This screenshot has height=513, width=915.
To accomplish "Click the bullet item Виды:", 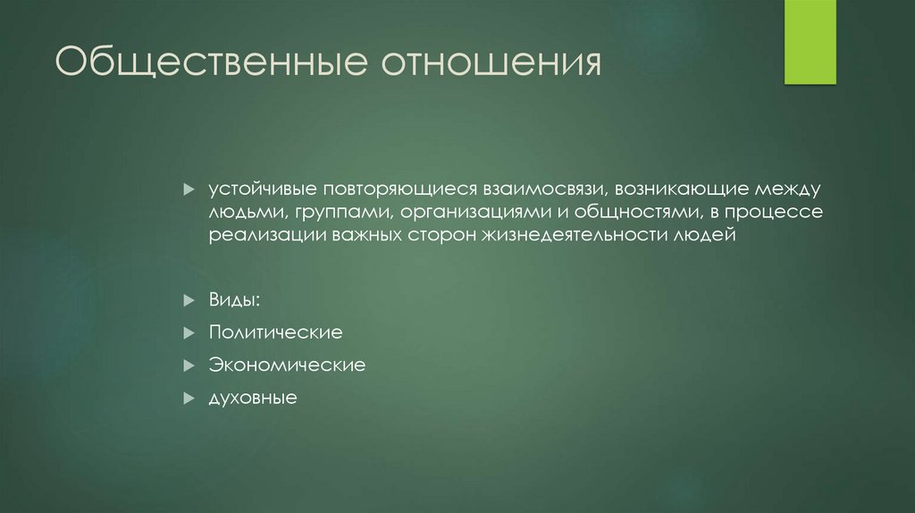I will pos(236,298).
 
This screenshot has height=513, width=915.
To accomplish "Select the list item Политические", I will pos(276,332).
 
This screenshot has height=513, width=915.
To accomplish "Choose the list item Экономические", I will pos(287,365).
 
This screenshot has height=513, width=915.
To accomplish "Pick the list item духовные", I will pos(253,398).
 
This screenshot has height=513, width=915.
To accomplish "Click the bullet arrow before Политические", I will pos(189,332).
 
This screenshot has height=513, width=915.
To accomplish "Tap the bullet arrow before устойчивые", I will pos(189,190).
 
